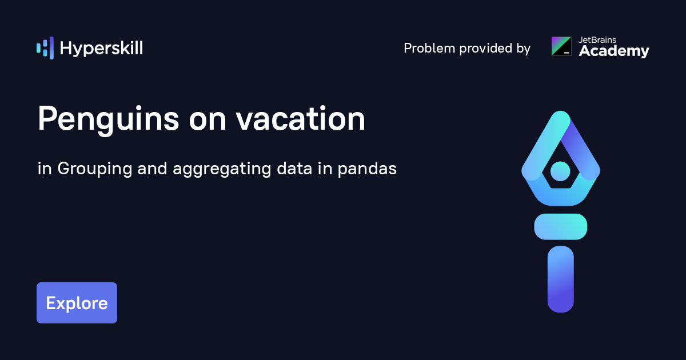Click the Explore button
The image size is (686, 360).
pyautogui.click(x=77, y=303)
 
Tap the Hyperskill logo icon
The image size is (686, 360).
pyautogui.click(x=45, y=48)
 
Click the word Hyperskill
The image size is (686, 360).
pyautogui.click(x=101, y=49)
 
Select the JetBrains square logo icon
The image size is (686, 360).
pyautogui.click(x=561, y=46)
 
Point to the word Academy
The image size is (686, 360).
pyautogui.click(x=614, y=51)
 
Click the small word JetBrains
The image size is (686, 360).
pyautogui.click(x=597, y=40)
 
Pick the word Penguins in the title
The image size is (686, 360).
pyautogui.click(x=109, y=119)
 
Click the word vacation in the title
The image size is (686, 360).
pyautogui.click(x=301, y=118)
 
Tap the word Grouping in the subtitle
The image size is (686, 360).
pyautogui.click(x=95, y=169)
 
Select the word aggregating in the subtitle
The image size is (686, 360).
pyautogui.click(x=222, y=169)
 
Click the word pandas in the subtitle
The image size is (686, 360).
pyautogui.click(x=367, y=169)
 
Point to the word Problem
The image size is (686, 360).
pyautogui.click(x=429, y=48)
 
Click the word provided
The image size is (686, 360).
pyautogui.click(x=486, y=49)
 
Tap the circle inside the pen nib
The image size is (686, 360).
pyautogui.click(x=560, y=171)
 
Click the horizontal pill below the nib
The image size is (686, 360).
pyautogui.click(x=561, y=226)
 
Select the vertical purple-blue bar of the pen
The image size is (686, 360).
pyautogui.click(x=561, y=279)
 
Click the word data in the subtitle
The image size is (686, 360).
pyautogui.click(x=294, y=169)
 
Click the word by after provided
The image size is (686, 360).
pyautogui.click(x=524, y=49)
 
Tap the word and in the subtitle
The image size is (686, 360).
pyautogui.click(x=152, y=169)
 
